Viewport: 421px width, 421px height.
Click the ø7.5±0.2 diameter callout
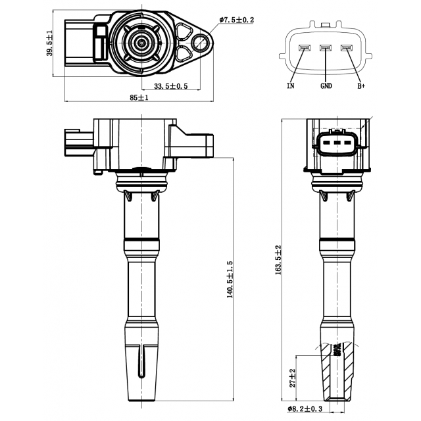tap(237, 20)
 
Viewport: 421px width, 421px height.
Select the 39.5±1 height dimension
tap(50, 43)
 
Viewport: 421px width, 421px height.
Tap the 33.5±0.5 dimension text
tap(171, 86)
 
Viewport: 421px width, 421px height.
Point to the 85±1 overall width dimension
tap(139, 97)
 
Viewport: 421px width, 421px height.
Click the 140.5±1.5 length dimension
tap(230, 279)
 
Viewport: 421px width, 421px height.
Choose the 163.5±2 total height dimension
tap(278, 260)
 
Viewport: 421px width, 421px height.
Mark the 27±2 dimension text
tap(292, 378)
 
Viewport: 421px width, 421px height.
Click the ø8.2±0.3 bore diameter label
tap(305, 409)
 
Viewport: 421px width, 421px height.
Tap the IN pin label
tap(291, 86)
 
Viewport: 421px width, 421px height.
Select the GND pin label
tap(326, 86)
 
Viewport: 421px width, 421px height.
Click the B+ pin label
tap(361, 86)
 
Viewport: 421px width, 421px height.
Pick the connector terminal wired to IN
tap(305, 48)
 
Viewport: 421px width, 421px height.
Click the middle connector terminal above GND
tap(326, 48)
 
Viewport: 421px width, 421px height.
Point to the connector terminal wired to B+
tap(347, 48)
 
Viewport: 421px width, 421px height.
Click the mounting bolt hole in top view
tap(200, 42)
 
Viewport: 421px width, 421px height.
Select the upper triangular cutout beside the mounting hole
tap(184, 31)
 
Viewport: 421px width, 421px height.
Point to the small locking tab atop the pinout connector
tap(326, 25)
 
